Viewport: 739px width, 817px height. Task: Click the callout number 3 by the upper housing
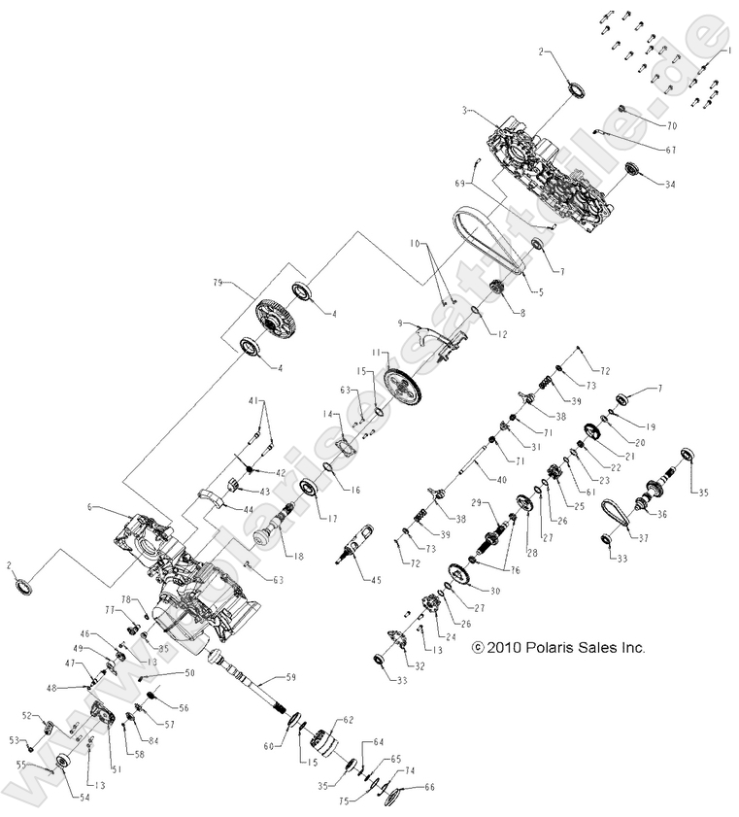coord(466,112)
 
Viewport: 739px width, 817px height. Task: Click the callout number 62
coord(350,720)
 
